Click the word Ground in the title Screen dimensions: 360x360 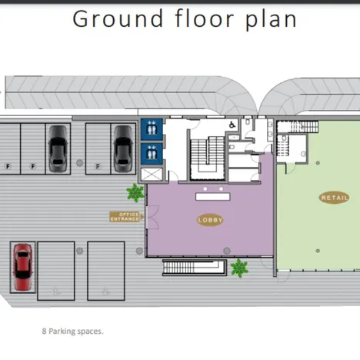coord(118,18)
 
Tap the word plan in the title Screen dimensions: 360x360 coord(271,19)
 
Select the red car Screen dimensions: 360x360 coord(23,267)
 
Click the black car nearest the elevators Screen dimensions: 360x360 coord(123,148)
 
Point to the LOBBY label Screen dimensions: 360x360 coord(210,220)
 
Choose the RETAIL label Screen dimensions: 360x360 coord(335,198)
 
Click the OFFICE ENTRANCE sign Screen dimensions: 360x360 coord(125,217)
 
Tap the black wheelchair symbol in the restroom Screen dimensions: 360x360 coord(232,125)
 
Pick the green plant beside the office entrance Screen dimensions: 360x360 coord(135,192)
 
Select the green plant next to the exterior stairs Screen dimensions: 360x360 coord(239,268)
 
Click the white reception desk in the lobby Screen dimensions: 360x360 coord(213,197)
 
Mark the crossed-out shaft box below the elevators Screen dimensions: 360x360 coord(152,174)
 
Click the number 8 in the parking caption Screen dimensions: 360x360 coord(44,332)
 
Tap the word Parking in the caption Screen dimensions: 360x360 coord(62,332)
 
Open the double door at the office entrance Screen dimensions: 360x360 coord(152,217)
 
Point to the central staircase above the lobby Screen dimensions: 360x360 coord(208,158)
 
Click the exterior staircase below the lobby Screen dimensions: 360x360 coord(195,268)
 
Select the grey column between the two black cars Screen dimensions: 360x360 coord(80,162)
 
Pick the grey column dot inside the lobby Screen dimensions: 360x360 coord(227,251)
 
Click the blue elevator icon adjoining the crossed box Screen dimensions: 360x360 coord(152,154)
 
